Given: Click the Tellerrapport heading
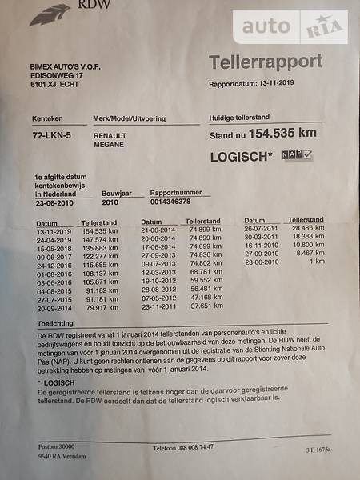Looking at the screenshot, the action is click(x=266, y=62).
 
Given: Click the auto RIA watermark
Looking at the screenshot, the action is click(x=290, y=27).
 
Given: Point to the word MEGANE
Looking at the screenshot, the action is click(x=108, y=146).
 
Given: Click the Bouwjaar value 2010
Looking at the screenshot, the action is click(x=110, y=202).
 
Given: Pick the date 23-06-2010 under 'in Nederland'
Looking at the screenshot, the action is click(x=55, y=203).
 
